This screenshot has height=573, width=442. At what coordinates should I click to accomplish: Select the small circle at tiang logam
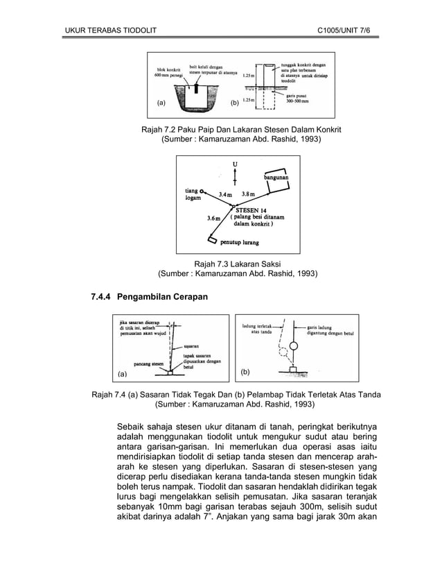[x=202, y=189]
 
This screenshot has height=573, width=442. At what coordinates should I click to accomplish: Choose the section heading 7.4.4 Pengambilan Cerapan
[x=149, y=297]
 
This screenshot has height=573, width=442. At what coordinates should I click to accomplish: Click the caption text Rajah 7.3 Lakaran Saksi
[x=238, y=264]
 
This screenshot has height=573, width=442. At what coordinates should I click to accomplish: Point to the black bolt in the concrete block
[x=196, y=89]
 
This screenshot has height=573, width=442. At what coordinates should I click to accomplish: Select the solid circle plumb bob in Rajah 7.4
[x=293, y=345]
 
